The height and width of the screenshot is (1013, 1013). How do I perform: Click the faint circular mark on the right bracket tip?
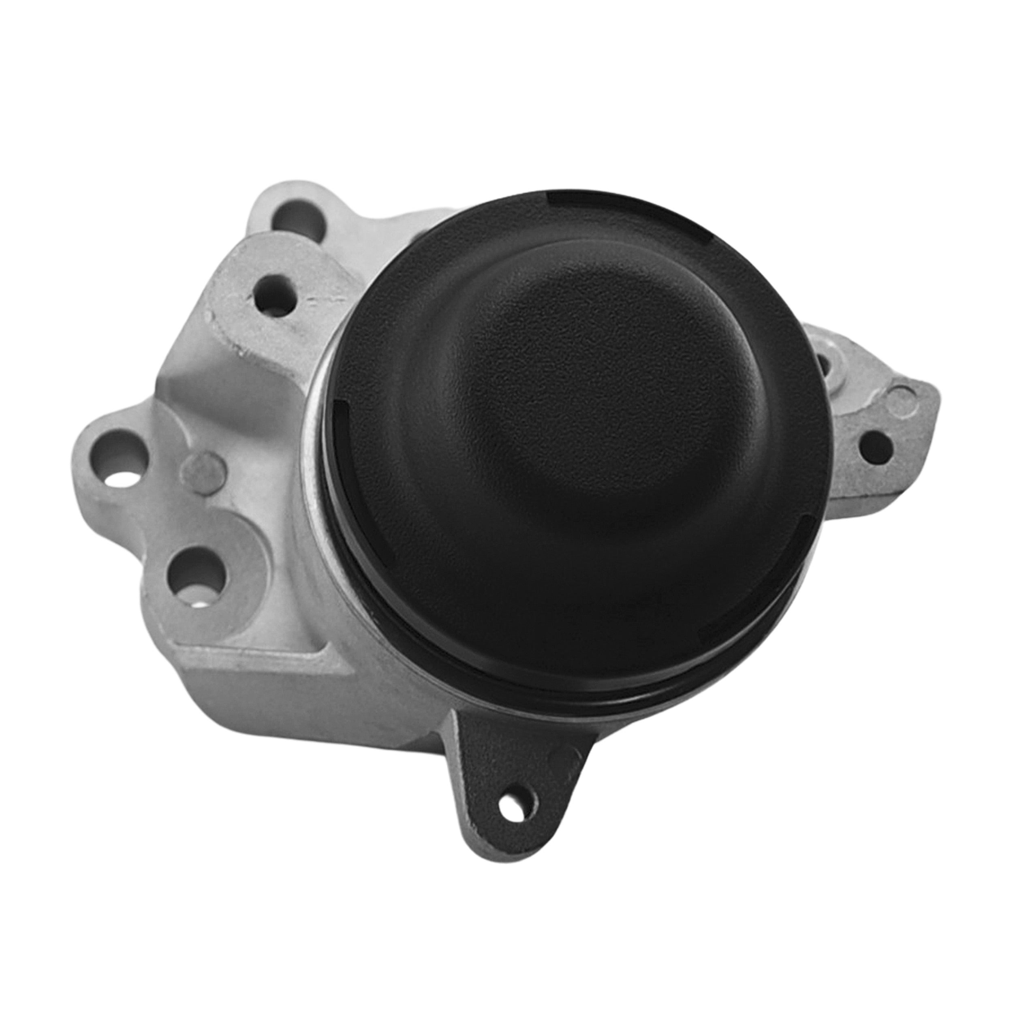pos(903,393)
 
